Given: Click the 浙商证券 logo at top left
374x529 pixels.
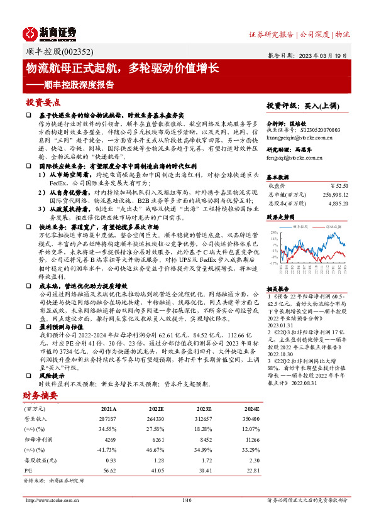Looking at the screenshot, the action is (50, 33).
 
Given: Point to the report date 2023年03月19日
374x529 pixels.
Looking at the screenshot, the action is (331, 55).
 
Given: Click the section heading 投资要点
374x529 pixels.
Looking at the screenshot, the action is (43, 102).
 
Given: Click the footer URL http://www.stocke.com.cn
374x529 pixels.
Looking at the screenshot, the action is (50, 500).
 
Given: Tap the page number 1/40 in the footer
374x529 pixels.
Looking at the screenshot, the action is (186, 500).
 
